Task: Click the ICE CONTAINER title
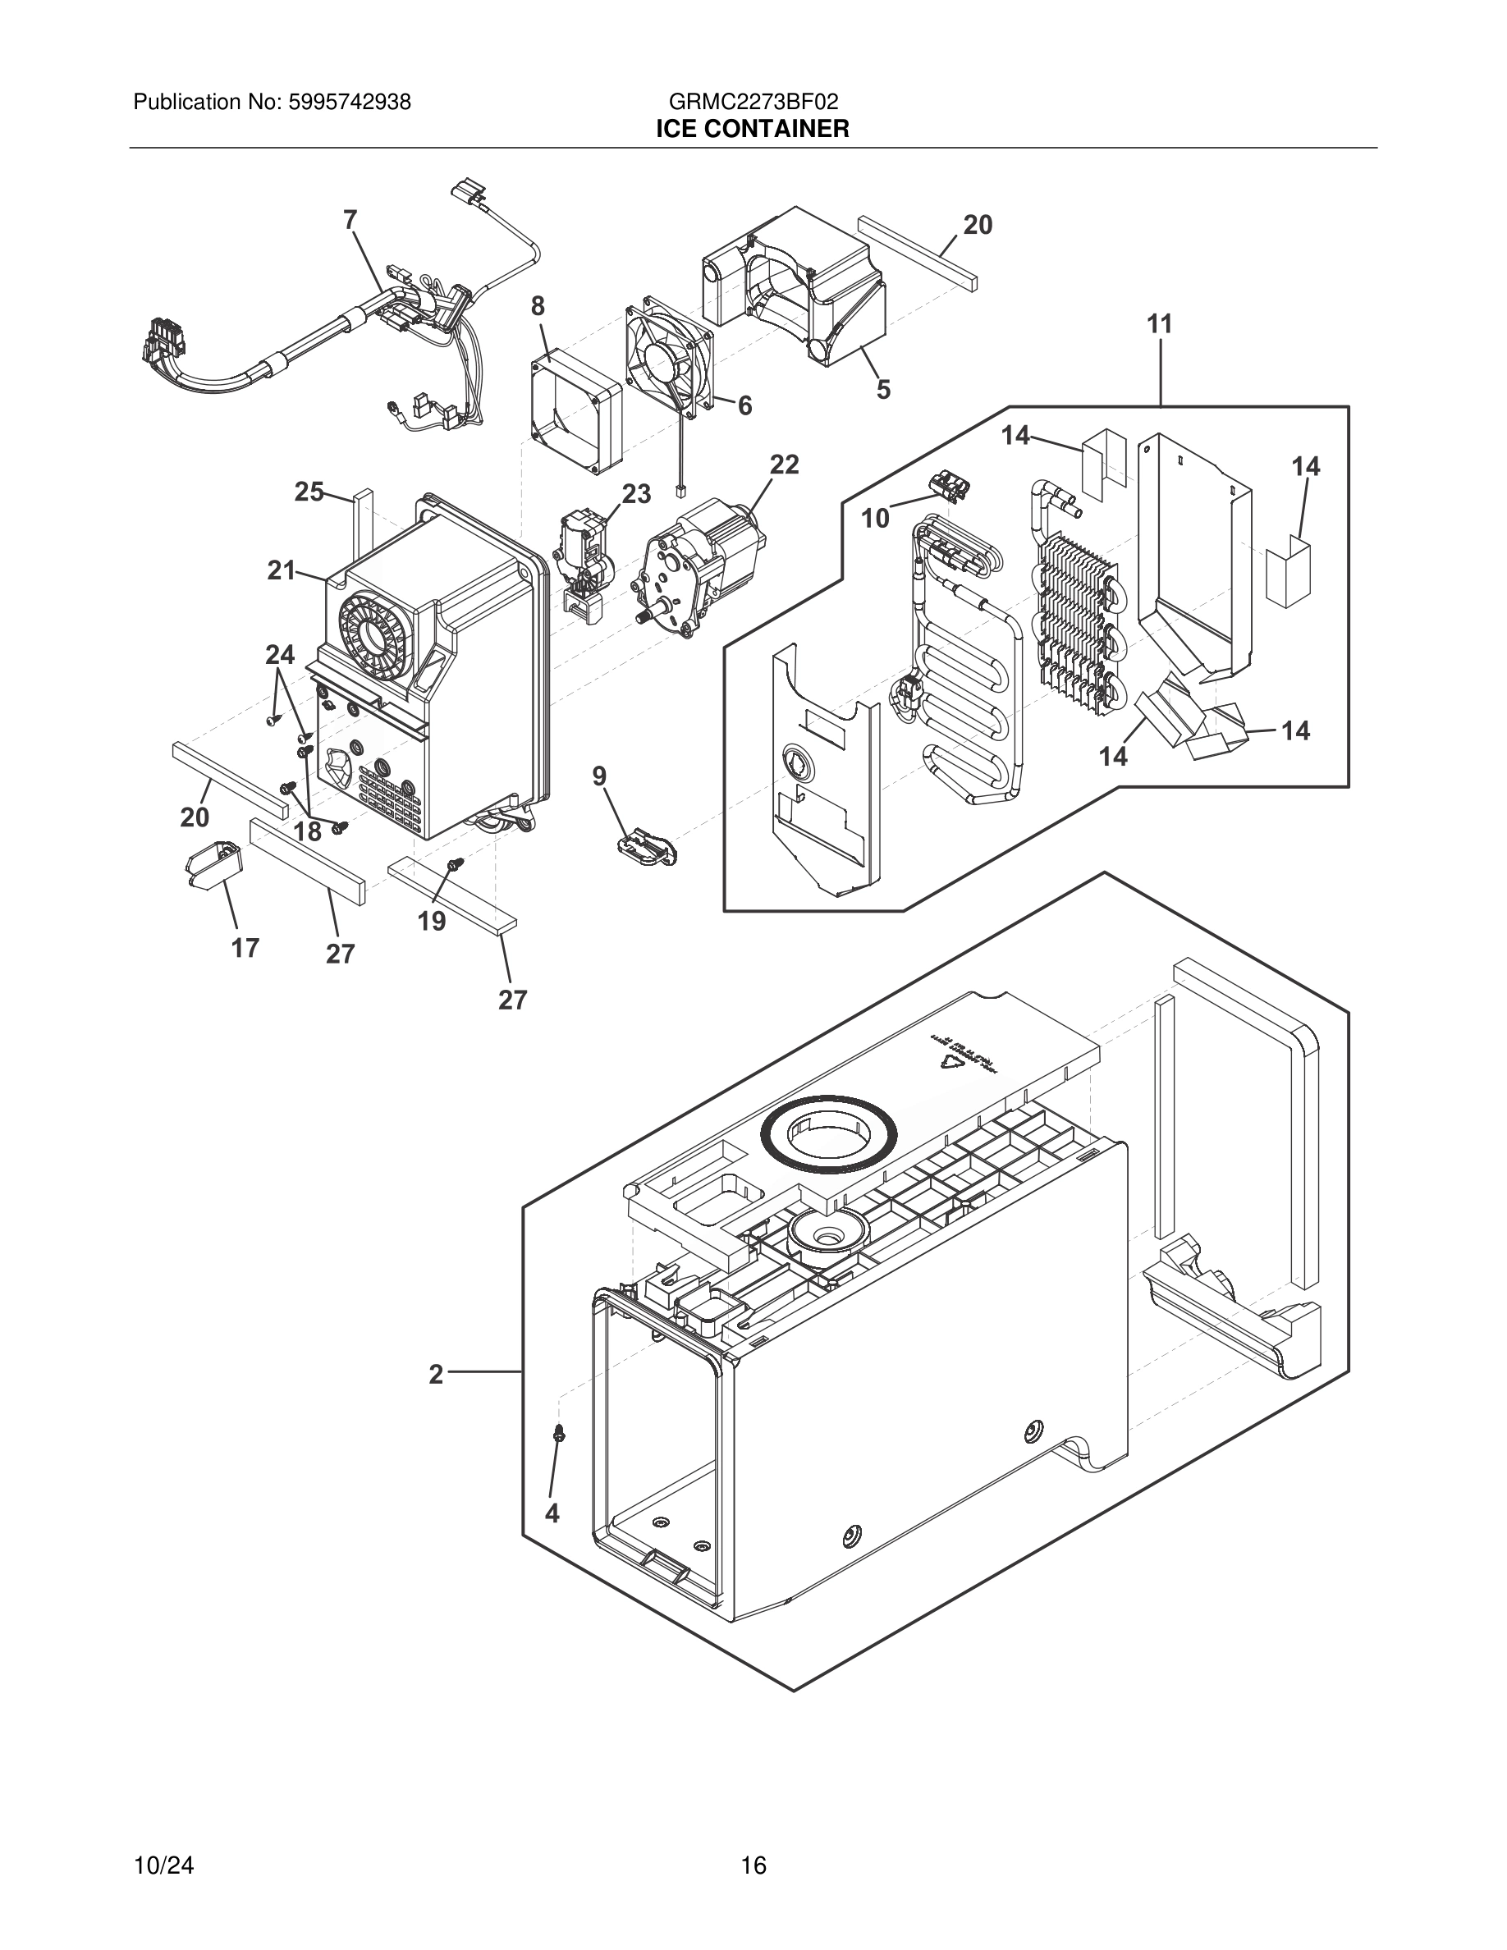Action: [x=753, y=130]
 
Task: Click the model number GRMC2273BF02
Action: [x=753, y=102]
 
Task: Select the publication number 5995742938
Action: [x=349, y=102]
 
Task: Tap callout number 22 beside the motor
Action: [x=784, y=465]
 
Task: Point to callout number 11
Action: [x=1159, y=324]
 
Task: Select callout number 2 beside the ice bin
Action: [x=436, y=1375]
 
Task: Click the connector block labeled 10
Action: [x=950, y=486]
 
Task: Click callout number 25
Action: [x=309, y=492]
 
